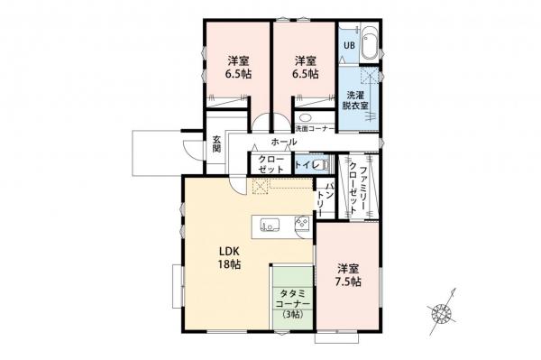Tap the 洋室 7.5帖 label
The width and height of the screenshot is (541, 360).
pos(350,275)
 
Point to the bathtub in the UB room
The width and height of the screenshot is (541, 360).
pos(371,46)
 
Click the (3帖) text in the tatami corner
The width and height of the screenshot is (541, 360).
pos(294,315)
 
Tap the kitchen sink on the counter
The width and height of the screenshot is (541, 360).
pos(271,226)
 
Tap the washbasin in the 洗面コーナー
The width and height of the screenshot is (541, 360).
pos(306,118)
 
